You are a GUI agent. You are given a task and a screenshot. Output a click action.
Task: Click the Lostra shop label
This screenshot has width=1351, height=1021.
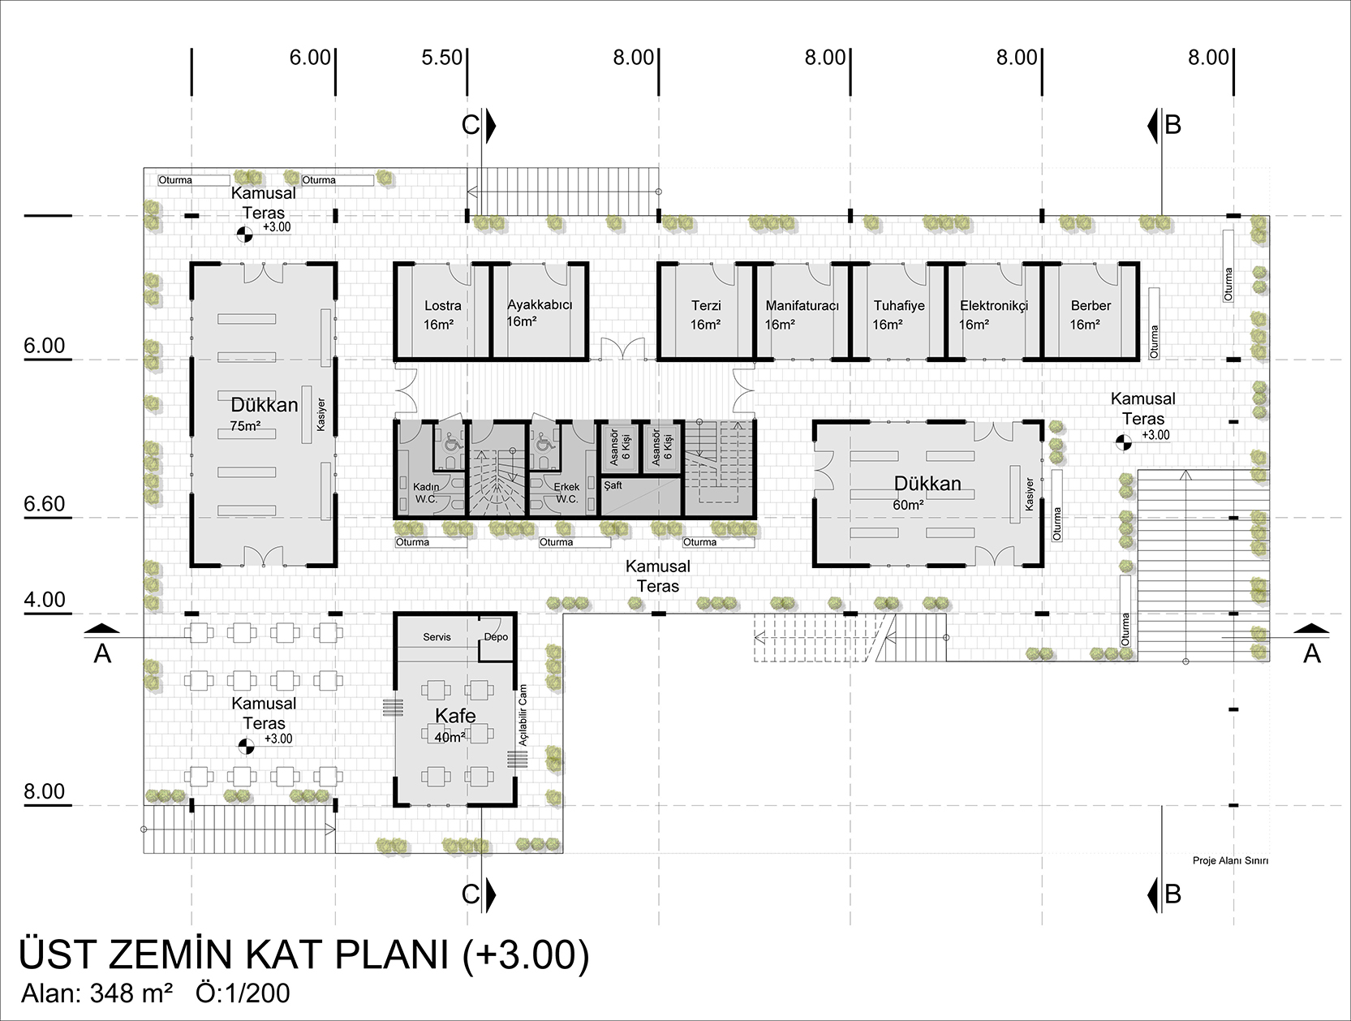point(442,306)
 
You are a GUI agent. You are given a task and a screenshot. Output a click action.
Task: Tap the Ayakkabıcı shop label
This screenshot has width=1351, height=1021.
point(540,304)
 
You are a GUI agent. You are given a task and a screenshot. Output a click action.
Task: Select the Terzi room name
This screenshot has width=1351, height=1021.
point(705,306)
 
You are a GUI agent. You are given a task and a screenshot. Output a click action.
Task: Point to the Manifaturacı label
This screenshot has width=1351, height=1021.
point(802,306)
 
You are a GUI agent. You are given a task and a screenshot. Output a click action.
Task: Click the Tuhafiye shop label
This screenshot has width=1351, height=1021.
point(899,306)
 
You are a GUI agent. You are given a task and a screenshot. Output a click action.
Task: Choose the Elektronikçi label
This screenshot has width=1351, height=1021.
point(994,306)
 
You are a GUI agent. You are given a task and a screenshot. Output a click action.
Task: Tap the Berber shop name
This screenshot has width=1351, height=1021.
point(1091,306)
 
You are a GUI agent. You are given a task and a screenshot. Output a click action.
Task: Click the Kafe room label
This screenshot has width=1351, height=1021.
point(455,716)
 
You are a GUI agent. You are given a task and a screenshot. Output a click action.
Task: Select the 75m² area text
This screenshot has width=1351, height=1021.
point(245,426)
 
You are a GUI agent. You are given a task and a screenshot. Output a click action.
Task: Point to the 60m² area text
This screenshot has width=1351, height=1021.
point(908,506)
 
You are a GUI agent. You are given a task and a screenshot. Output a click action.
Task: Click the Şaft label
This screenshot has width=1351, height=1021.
point(613,485)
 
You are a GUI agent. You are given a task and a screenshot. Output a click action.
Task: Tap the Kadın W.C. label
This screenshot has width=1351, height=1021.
point(426,493)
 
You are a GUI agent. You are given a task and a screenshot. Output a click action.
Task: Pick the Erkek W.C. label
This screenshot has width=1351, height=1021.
point(567,493)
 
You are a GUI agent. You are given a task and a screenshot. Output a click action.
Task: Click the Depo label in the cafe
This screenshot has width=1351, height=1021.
point(496,637)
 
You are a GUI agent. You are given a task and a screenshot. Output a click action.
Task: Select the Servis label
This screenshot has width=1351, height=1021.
point(437,637)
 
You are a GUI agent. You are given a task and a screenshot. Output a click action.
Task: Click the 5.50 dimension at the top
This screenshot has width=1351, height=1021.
point(442,58)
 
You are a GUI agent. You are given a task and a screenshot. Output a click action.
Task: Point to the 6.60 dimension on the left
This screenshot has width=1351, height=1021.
point(45,504)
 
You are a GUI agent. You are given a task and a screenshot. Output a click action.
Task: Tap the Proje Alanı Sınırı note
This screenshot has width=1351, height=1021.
point(1230,860)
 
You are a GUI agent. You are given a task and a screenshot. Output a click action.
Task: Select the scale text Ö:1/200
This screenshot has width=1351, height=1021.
point(243,993)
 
